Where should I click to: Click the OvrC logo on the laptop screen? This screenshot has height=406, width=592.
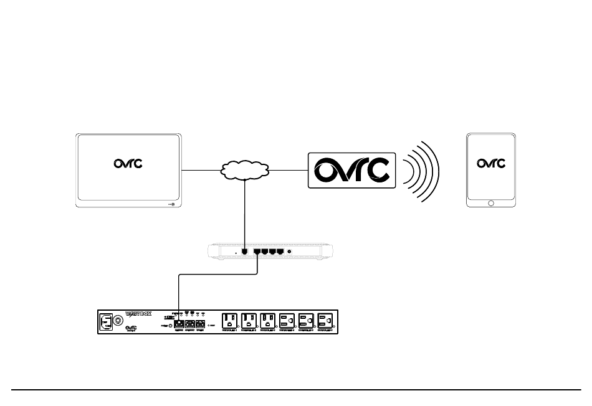click(128, 164)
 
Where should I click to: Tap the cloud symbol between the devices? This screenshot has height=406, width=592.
click(244, 169)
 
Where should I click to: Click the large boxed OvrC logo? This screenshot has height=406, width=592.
click(352, 170)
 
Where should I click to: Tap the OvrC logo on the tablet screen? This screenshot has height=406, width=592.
click(492, 164)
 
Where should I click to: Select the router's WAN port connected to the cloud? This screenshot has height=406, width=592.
click(245, 252)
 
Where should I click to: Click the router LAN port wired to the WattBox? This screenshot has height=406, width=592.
click(257, 252)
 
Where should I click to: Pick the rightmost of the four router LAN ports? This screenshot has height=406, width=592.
click(280, 252)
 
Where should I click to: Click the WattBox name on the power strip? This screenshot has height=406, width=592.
click(138, 314)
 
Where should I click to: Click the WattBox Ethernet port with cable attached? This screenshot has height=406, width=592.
click(179, 324)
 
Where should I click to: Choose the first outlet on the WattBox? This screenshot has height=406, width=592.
click(230, 321)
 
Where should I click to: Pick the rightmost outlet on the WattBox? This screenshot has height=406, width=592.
click(326, 321)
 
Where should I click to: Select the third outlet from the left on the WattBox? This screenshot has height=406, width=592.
click(268, 321)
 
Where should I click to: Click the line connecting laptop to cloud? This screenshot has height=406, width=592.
click(201, 170)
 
